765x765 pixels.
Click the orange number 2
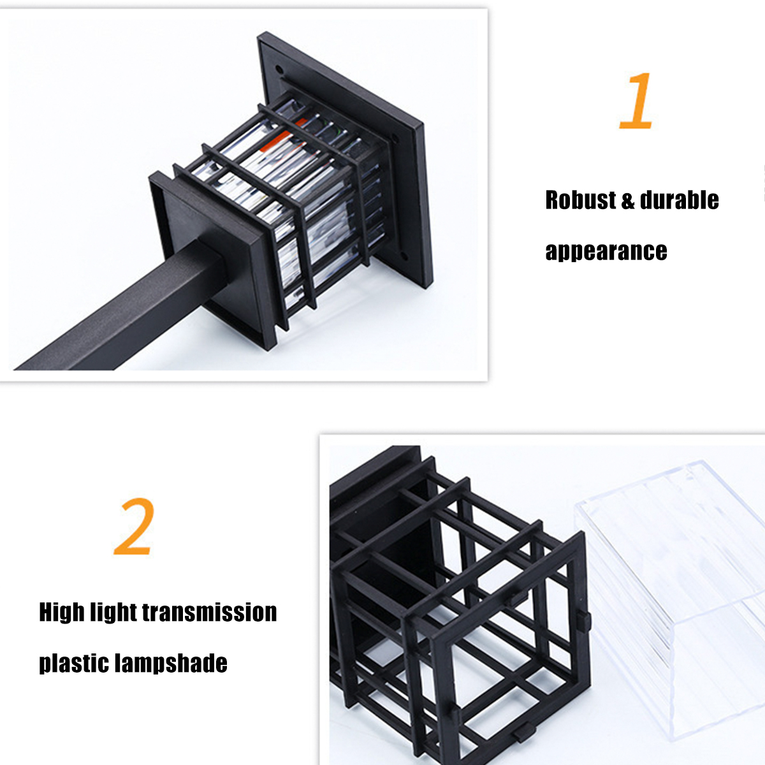click(x=133, y=526)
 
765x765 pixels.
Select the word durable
click(x=679, y=200)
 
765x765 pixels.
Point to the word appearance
click(x=606, y=252)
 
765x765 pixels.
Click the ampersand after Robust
click(x=628, y=200)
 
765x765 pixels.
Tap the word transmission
click(x=209, y=612)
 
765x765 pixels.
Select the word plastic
click(x=73, y=664)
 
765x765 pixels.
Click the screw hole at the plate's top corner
click(x=280, y=71)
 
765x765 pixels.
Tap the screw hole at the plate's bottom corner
click(x=404, y=255)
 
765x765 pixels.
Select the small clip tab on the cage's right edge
click(x=583, y=618)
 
